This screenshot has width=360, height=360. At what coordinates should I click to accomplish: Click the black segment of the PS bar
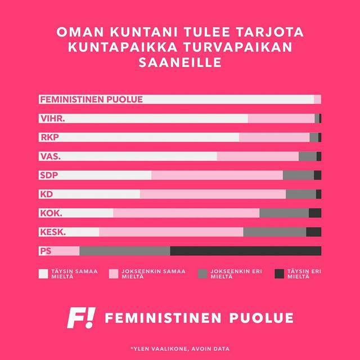[x=245, y=251]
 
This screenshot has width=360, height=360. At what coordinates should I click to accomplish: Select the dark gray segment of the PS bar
[x=125, y=251]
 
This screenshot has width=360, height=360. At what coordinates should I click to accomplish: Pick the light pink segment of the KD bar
[x=213, y=194]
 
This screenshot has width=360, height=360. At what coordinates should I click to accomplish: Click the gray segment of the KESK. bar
[x=274, y=232]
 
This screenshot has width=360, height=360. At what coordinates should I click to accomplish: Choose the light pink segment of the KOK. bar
[x=186, y=213]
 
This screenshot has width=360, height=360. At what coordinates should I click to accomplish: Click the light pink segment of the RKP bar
[x=274, y=137]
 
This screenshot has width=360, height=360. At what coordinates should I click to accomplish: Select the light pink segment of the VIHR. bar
[x=281, y=118]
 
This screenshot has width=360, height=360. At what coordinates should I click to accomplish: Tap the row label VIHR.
[x=52, y=119]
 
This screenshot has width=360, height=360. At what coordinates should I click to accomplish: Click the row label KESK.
[x=53, y=232]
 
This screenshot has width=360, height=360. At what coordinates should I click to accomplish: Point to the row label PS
[x=46, y=251]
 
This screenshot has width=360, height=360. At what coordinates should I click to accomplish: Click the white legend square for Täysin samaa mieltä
[x=43, y=274]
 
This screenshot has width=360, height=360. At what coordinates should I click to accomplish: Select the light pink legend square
[x=113, y=274]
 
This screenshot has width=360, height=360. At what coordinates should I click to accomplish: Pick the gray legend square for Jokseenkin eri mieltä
[x=202, y=274]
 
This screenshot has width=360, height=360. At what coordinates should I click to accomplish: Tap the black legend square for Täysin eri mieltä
[x=279, y=274]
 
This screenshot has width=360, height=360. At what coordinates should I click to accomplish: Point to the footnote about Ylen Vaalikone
[x=179, y=349]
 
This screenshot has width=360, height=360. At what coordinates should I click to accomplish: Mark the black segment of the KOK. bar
[x=315, y=213]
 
